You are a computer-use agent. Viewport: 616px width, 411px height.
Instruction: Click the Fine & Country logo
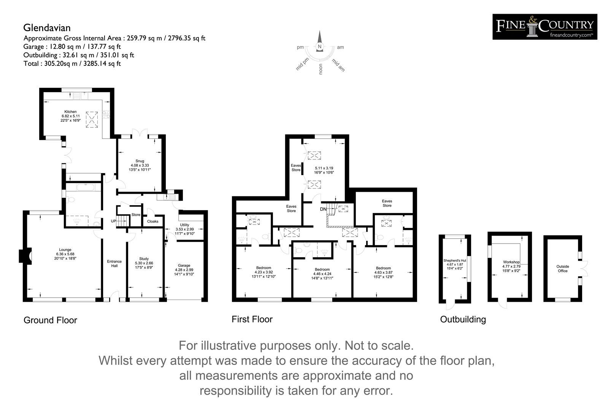[545, 27]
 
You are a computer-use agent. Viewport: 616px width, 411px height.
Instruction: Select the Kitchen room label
[70, 112]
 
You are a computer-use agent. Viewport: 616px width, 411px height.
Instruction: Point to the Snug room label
[140, 161]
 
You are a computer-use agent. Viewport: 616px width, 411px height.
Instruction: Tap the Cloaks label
[152, 221]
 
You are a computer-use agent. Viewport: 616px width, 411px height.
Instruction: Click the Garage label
[184, 266]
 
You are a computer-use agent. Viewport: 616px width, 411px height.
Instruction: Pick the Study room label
[144, 259]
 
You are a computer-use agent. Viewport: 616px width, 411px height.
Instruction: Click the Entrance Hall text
[114, 264]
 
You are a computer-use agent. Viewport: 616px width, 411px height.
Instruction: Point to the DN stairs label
[323, 209]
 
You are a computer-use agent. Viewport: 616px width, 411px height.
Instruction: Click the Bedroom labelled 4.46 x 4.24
[322, 269]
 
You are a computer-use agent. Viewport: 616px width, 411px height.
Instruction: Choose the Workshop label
[511, 262]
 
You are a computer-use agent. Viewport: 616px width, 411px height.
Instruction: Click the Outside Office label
[562, 269]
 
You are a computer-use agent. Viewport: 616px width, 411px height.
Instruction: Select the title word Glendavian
[47, 28]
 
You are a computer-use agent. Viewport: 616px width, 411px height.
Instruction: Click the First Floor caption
[252, 319]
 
